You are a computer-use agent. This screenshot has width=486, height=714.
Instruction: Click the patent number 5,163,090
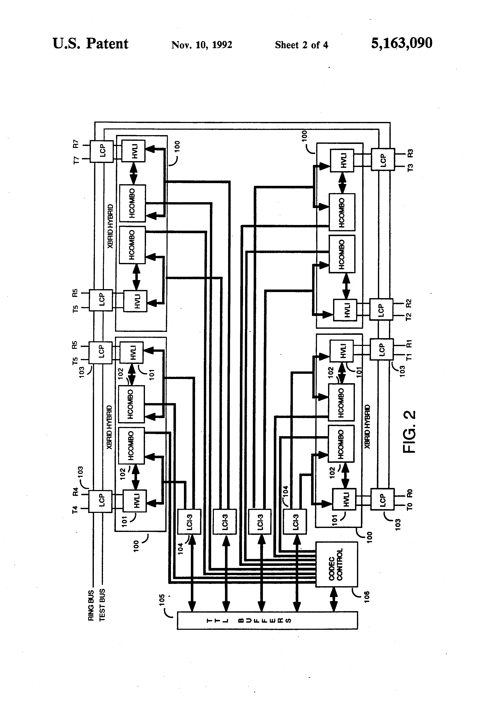tap(402, 43)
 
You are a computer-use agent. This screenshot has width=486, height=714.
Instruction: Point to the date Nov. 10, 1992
tap(202, 45)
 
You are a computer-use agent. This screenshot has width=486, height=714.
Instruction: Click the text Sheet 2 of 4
tap(301, 45)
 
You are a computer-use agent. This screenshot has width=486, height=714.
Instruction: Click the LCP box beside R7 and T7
tap(102, 151)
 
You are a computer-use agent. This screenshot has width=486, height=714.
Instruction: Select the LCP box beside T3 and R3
tap(383, 159)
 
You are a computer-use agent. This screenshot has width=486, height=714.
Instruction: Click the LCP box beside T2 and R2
tap(381, 309)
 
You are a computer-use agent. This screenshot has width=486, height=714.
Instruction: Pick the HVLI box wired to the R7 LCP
tap(133, 151)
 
